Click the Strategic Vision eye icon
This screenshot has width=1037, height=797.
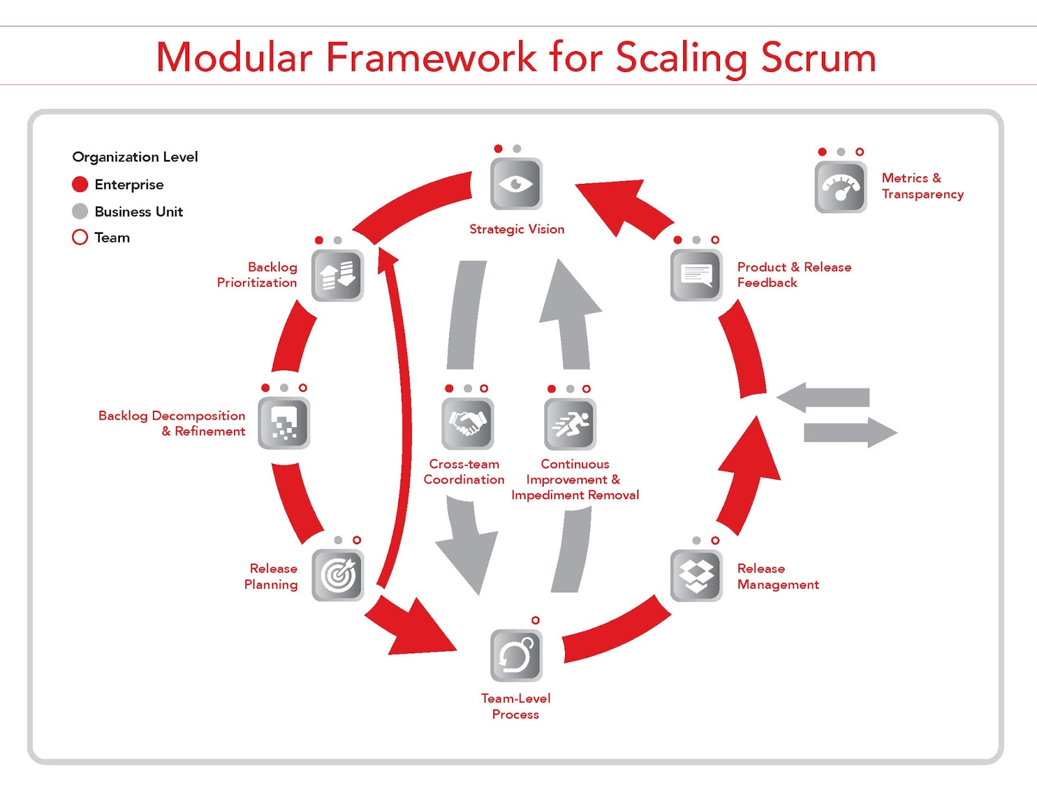point(516,183)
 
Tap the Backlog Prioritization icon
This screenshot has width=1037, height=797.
point(338,275)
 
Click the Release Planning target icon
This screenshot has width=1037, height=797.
point(338,575)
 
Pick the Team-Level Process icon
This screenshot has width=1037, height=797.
point(516,655)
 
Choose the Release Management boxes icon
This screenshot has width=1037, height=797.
point(696,575)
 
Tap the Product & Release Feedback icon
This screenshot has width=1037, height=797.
point(696,275)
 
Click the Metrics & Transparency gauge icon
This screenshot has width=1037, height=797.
point(841,187)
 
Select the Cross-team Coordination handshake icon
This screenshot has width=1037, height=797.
point(468,424)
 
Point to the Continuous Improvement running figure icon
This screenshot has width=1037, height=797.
point(570,424)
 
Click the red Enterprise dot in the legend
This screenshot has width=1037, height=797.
point(80,184)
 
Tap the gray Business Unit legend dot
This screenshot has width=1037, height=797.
point(80,211)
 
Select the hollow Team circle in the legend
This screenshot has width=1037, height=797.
point(80,237)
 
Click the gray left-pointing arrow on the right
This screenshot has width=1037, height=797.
point(822,397)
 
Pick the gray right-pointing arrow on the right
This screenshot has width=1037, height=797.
point(850,433)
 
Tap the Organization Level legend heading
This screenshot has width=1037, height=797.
point(135,157)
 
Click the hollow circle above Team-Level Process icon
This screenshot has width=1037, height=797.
point(535,620)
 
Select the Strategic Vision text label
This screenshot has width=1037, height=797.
point(517,229)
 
